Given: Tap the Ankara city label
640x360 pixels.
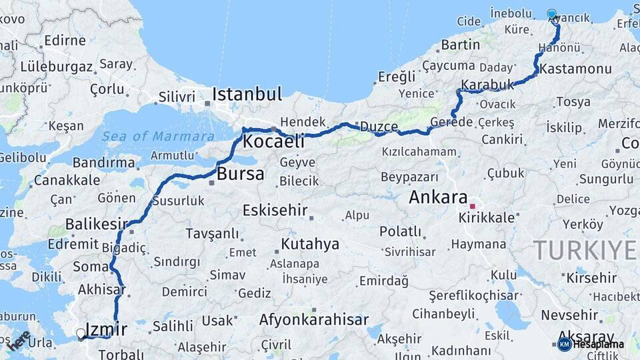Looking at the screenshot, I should click(438, 197).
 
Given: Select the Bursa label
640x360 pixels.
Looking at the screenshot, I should click(241, 175).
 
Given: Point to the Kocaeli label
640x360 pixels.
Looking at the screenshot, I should click(273, 141).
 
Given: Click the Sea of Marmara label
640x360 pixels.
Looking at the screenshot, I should click(149, 136).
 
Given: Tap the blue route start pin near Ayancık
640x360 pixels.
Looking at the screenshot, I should click(552, 15).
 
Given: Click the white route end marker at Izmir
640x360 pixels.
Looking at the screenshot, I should click(81, 333).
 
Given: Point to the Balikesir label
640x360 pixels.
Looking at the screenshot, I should click(96, 224).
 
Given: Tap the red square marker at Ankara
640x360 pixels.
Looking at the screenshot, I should click(473, 206).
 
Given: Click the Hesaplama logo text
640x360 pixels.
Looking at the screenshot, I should click(598, 344).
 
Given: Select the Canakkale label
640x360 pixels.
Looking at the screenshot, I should click(67, 180).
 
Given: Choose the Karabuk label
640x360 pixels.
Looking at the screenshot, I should click(488, 85).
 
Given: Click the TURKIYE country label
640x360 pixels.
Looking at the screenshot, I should click(585, 250).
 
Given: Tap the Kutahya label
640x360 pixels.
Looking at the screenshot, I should click(310, 243).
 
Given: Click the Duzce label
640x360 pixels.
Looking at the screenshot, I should click(379, 127).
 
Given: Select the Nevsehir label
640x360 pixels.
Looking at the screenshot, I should click(569, 314).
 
